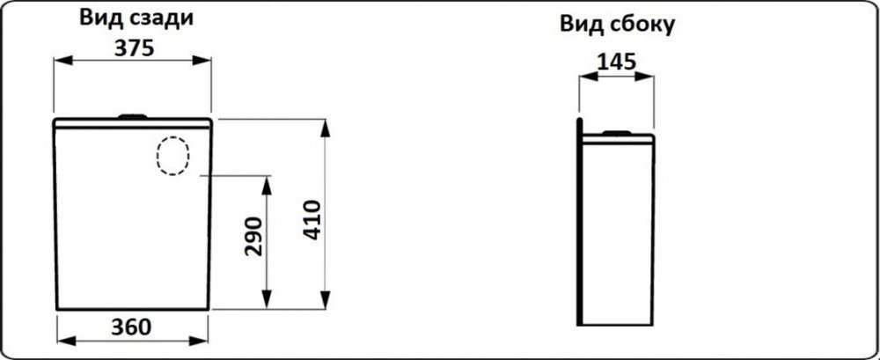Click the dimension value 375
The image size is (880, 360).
tap(134, 48)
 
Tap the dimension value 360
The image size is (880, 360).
tap(131, 327)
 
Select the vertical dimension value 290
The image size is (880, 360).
tap(253, 237)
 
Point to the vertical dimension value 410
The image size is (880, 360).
tap(312, 219)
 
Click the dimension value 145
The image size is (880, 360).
tap(616, 62)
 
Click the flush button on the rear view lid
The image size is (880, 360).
tap(133, 116)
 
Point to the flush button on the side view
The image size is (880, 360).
tap(617, 133)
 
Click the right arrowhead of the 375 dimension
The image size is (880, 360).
tap(202, 60)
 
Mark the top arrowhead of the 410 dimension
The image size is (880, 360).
tap(325, 129)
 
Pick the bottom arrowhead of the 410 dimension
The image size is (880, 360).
tap(325, 299)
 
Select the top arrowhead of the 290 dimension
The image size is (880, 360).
tap(268, 186)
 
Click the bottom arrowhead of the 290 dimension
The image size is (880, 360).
tap(268, 299)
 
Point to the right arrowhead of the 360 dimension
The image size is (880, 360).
tap(198, 341)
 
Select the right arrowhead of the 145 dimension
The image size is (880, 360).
tap(644, 76)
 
